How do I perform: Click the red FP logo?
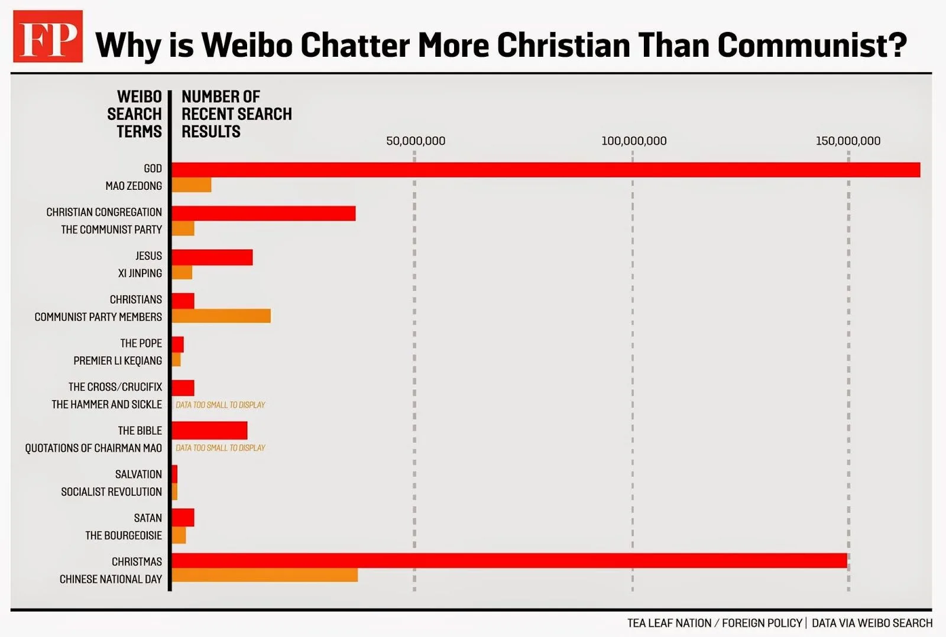[48, 36]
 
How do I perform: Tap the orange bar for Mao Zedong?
[192, 185]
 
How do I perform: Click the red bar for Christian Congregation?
[264, 214]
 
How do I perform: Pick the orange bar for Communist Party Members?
[221, 316]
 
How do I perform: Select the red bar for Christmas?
[509, 561]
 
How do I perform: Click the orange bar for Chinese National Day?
[265, 575]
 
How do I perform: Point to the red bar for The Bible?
[209, 431]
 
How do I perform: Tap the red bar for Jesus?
[212, 257]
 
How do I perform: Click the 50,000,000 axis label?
[416, 141]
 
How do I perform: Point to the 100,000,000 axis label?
[634, 141]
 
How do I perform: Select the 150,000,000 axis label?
[848, 141]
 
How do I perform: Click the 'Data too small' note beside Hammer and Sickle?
[220, 405]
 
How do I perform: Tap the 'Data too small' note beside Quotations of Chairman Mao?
[220, 448]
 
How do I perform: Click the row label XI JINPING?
[140, 273]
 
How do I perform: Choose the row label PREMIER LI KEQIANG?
[118, 361]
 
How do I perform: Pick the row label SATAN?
[148, 518]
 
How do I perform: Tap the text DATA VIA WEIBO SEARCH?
[872, 623]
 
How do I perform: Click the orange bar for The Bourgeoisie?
[179, 535]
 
